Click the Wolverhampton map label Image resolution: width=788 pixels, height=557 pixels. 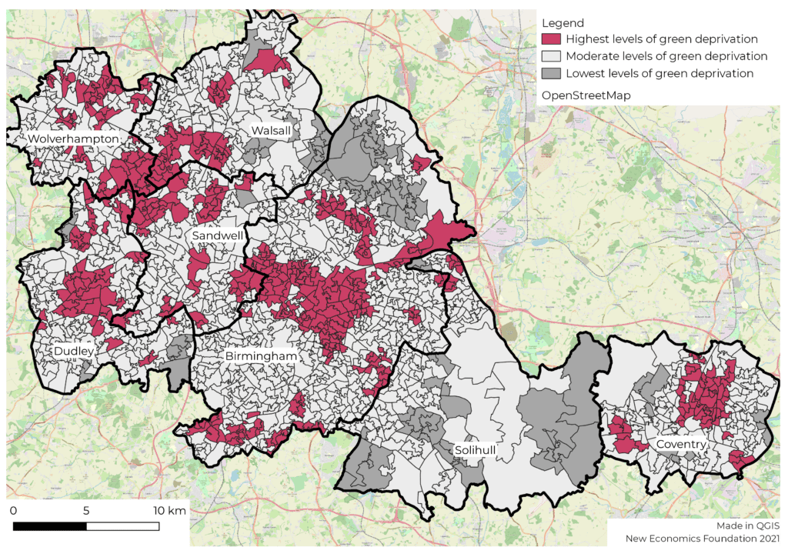tap(74, 138)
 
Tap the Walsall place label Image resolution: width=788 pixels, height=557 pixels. tap(271, 132)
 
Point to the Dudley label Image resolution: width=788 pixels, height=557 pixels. tap(74, 352)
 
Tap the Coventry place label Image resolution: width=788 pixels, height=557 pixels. tap(681, 445)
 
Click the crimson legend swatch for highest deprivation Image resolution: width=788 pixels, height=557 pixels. tap(551, 38)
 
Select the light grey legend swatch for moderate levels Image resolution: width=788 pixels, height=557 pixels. tap(551, 56)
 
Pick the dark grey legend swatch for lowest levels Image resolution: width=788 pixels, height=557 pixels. tap(551, 74)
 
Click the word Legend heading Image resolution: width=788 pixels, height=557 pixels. tap(563, 23)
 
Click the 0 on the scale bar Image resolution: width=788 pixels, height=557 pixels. tap(14, 511)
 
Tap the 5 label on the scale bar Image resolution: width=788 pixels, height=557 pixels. tap(86, 511)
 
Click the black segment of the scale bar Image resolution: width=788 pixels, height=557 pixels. tap(50, 527)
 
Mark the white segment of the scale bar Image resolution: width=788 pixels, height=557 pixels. tap(122, 527)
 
